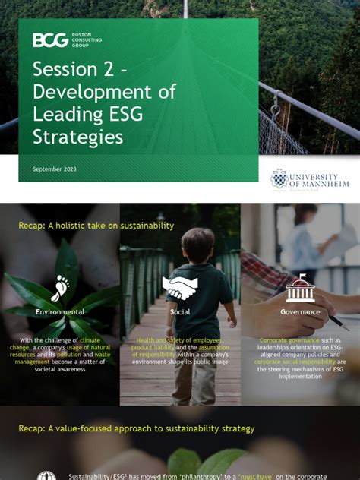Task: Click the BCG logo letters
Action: pos(49,40)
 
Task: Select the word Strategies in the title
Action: pos(77,137)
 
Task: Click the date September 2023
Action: pos(54,169)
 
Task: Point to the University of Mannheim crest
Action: pos(279,180)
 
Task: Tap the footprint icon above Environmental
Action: pos(60,289)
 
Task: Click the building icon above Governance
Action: pos(300,289)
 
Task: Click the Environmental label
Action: pos(60,312)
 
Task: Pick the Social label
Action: pos(180,312)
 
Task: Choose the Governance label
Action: pos(300,312)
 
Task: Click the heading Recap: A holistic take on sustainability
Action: pos(96,226)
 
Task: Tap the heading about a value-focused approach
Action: pos(137,428)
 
